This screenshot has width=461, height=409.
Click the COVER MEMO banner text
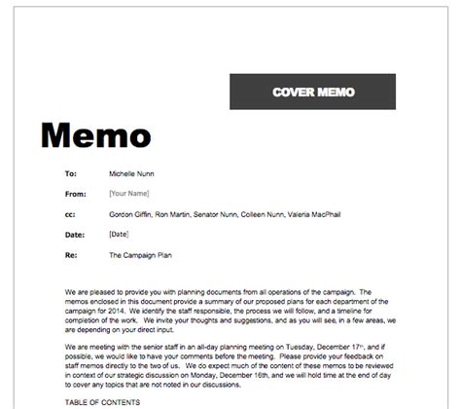(x=314, y=93)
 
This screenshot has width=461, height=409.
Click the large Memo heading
(x=94, y=134)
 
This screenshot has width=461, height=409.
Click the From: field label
(x=74, y=194)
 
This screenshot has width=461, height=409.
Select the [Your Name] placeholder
(x=129, y=194)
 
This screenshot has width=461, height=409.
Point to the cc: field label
(x=69, y=214)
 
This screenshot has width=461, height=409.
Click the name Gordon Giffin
(x=131, y=214)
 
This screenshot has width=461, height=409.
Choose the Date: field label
(x=74, y=235)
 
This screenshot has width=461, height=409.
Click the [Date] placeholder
(x=120, y=235)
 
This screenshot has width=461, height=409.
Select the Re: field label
(x=69, y=255)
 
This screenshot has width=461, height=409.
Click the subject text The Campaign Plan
(x=142, y=255)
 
